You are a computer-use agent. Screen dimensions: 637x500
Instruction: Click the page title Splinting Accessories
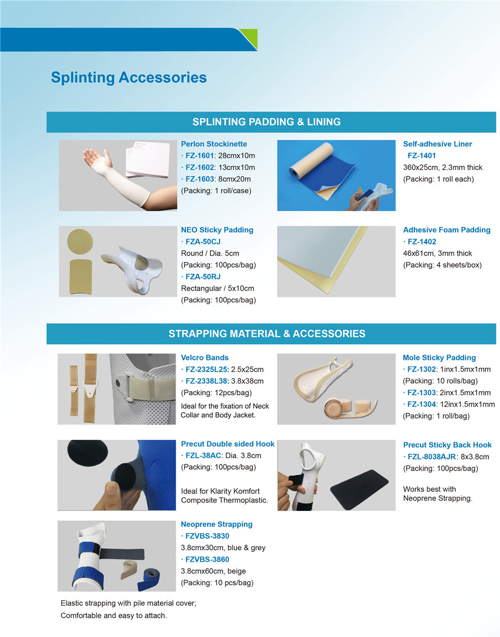click(129, 78)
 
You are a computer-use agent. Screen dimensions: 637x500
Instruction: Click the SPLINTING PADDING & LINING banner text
click(266, 122)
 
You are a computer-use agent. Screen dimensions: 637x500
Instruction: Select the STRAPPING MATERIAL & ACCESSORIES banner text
click(267, 334)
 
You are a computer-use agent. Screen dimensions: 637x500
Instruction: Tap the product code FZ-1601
click(200, 156)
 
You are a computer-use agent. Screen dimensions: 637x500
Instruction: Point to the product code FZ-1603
click(200, 179)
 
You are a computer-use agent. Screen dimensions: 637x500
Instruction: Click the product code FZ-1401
click(421, 156)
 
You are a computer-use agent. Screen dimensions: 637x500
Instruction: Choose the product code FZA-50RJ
click(203, 277)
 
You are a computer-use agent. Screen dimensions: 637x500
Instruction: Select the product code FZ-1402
click(421, 241)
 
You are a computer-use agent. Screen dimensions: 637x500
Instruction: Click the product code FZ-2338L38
click(207, 381)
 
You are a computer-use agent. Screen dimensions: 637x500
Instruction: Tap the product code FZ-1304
click(421, 404)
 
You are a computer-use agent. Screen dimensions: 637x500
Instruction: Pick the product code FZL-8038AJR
click(431, 457)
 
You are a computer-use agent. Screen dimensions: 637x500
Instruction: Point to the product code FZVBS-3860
click(207, 559)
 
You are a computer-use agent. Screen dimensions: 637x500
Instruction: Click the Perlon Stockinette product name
click(214, 144)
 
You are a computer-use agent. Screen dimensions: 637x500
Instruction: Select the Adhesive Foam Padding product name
click(447, 230)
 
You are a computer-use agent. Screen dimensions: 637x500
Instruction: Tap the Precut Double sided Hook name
click(227, 444)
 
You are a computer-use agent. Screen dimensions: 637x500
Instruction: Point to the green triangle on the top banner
click(249, 37)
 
